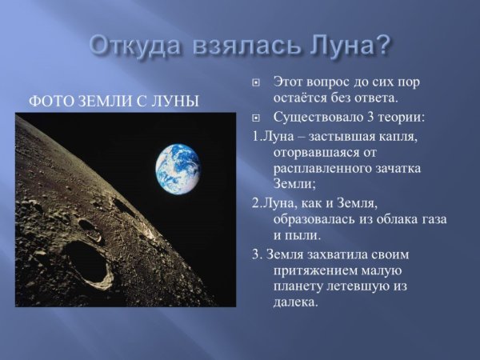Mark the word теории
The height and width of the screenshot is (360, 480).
pos(402,118)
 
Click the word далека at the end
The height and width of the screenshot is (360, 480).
pos(295,304)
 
